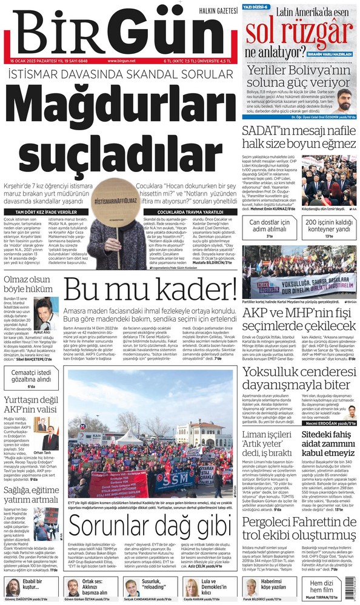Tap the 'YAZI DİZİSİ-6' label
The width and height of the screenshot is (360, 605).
pyautogui.click(x=257, y=6)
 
